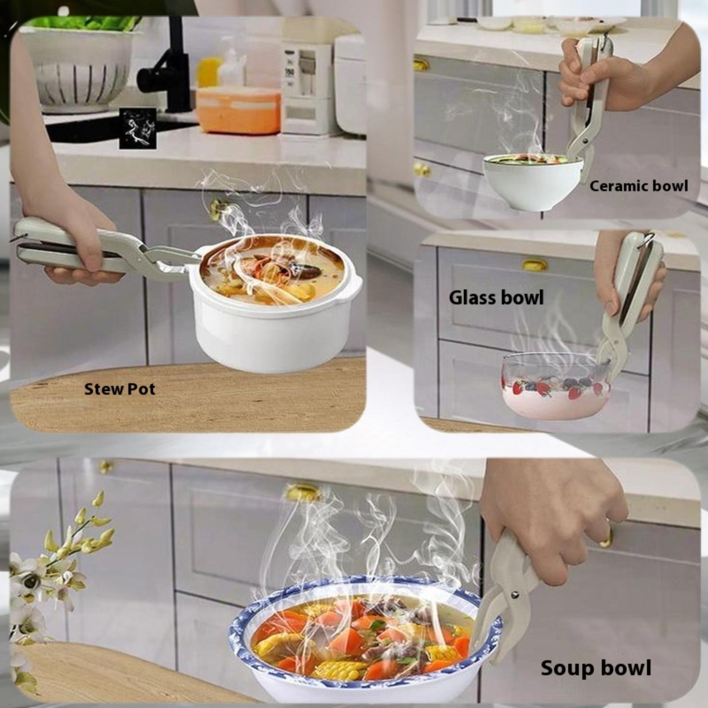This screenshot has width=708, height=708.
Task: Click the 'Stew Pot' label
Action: pos(119,389)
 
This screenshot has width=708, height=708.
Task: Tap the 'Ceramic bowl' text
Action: pos(639,186)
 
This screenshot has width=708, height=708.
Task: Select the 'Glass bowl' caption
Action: pos(496,297)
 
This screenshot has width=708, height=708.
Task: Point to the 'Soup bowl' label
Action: pos(596,668)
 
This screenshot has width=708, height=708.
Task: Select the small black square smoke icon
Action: pos(138,128)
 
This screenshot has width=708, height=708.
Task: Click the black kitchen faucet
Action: pos(166,66)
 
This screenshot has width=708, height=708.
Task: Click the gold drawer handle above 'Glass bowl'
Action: pos(535,265)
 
